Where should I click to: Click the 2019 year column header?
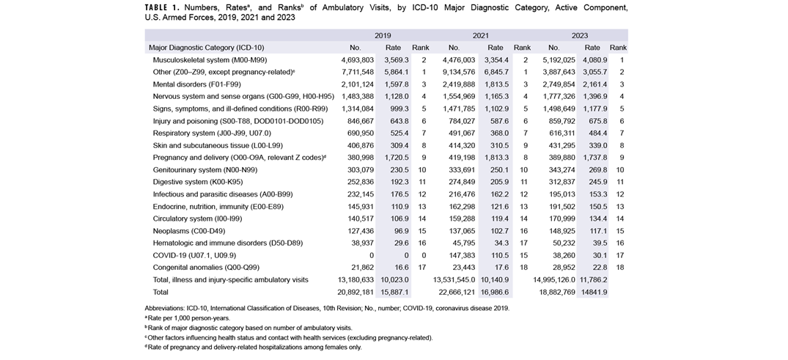pos(383,35)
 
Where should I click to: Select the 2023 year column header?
pos(579,35)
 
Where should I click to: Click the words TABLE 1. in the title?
pos(166,7)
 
